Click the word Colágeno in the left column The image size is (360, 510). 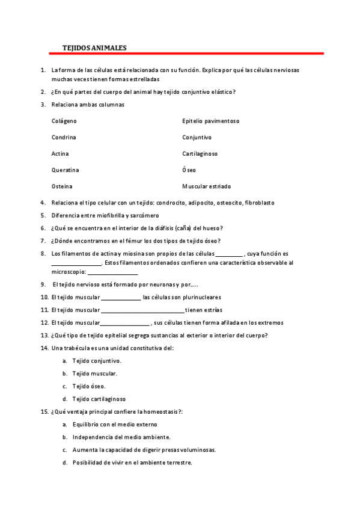pos(64,121)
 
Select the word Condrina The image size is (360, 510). pos(64,137)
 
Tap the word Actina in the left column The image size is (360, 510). pos(60,153)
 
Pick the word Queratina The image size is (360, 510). pos(66,170)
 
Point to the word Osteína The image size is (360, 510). pos(63,186)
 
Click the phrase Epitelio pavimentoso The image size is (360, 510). pos(210,121)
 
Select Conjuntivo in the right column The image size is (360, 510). pos(197,137)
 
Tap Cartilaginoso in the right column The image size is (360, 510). pos(200,153)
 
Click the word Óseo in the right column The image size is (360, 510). pos(189,170)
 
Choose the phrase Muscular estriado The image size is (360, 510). pos(206,186)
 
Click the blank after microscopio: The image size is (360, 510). pos(112,274)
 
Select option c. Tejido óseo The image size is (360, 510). pos(89,386)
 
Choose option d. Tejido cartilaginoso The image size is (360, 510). pos(99,399)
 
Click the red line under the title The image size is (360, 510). pos(186,54)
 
